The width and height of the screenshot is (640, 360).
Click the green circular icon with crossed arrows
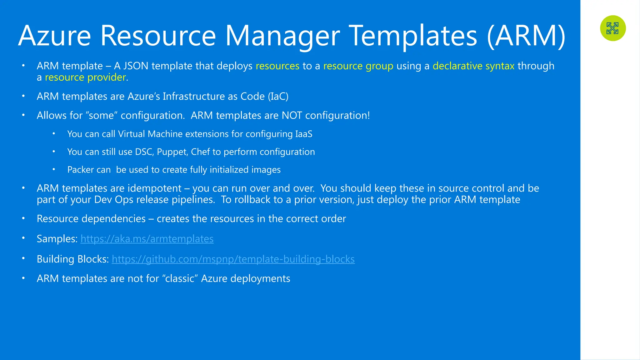[613, 28]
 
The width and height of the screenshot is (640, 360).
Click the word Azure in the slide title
[55, 36]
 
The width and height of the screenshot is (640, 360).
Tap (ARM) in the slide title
[526, 36]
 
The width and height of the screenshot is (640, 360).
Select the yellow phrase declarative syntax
[473, 66]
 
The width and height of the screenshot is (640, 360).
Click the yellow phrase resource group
[358, 66]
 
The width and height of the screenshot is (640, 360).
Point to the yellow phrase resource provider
[85, 77]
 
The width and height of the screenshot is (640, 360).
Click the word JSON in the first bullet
[136, 66]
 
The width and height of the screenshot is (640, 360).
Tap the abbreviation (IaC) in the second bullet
[278, 96]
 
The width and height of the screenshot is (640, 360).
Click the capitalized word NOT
[292, 115]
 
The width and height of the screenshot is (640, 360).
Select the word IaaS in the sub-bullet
[303, 134]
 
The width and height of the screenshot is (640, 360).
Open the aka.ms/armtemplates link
[147, 239]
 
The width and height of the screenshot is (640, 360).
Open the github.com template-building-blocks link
[233, 259]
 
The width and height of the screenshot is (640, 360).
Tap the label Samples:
[57, 239]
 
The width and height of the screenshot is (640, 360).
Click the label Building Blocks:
[72, 259]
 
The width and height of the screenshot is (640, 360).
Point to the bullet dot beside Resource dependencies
[23, 218]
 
